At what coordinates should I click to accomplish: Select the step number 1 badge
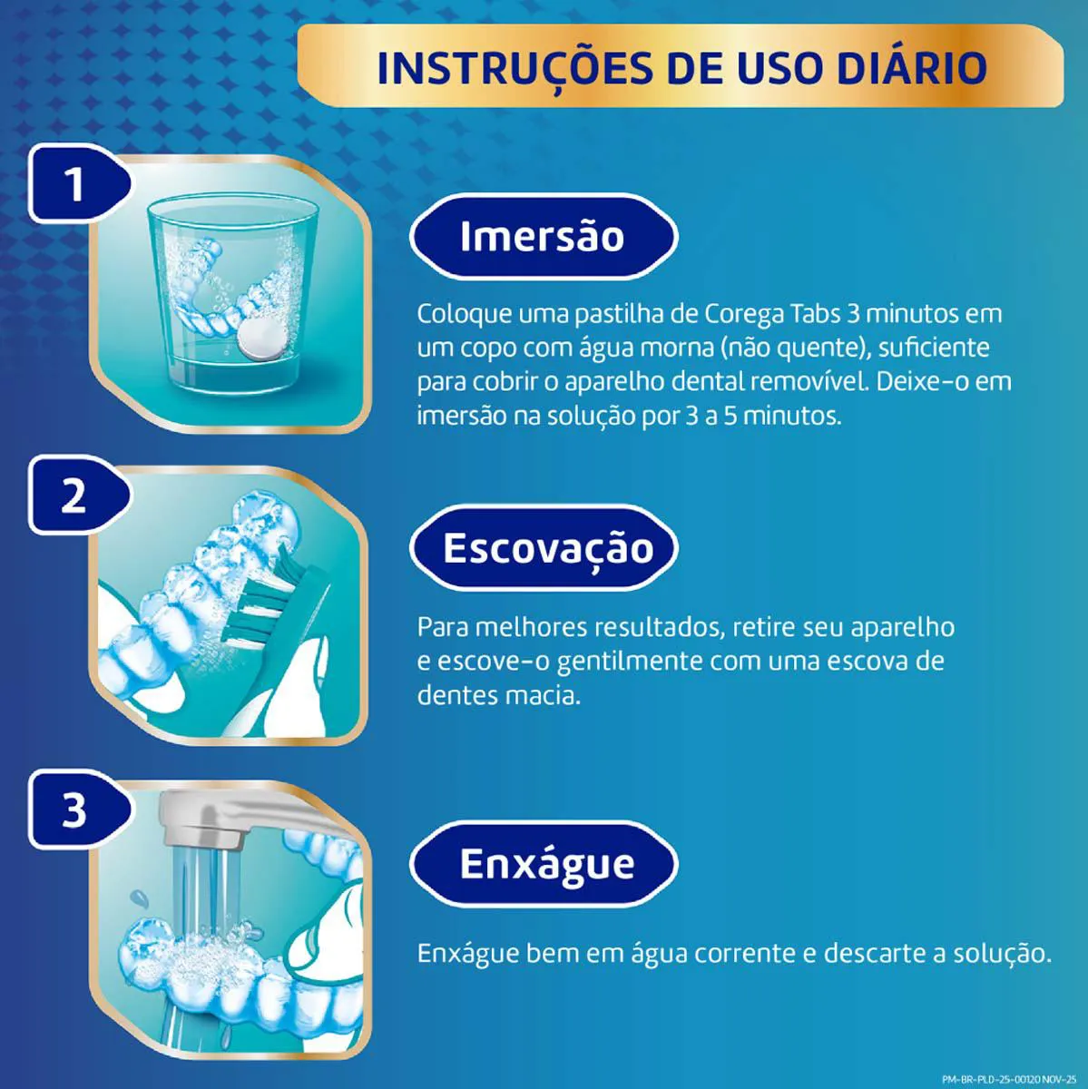(x=76, y=183)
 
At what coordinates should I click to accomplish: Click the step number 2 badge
(x=76, y=495)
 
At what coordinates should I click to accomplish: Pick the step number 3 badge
(x=76, y=809)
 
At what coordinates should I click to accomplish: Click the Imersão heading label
(x=544, y=236)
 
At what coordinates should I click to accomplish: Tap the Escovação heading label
(x=544, y=547)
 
